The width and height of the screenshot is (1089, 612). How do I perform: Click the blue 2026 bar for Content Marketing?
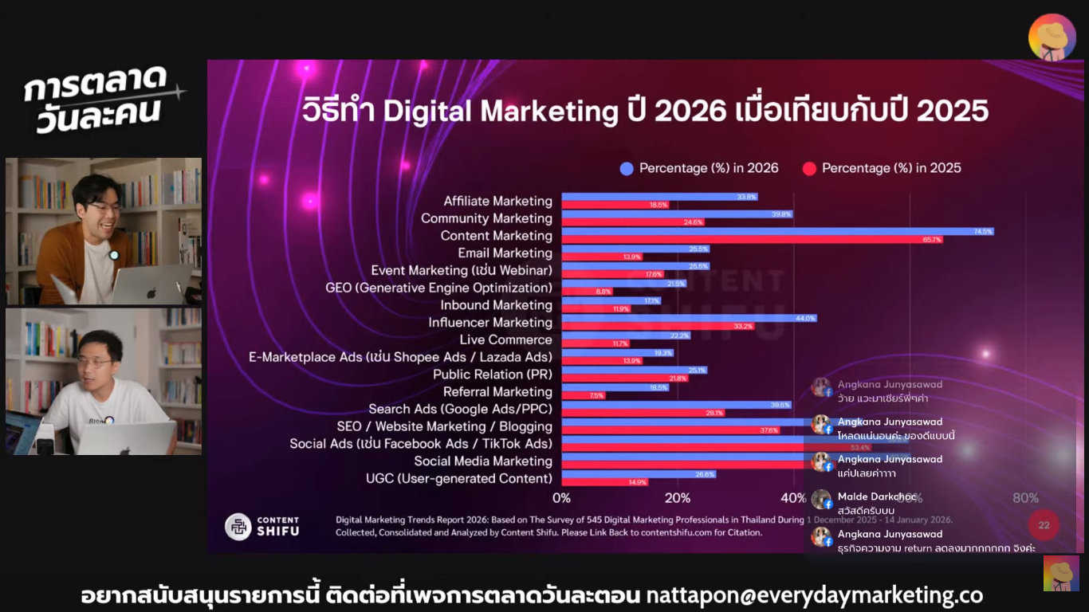pos(777,231)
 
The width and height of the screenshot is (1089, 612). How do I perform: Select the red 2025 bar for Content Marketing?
pos(752,239)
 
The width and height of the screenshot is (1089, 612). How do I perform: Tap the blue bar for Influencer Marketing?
pos(689,318)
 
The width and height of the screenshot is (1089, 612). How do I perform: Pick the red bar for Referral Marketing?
pos(583,395)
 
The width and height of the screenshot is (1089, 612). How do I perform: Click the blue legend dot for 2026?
pos(627,168)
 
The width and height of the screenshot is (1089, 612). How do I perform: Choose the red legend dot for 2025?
pos(809,168)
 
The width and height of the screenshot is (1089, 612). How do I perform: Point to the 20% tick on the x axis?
pos(677,498)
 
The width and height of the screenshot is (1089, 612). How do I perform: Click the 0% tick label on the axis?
pos(561,498)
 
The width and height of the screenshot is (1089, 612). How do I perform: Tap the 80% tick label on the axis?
pos(1025,498)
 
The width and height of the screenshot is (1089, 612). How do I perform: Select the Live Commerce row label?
pos(505,339)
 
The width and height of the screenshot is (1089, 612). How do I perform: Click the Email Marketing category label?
pos(505,253)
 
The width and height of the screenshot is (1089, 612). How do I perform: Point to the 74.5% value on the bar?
pos(983,231)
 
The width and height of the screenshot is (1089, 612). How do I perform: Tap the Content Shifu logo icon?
pos(238,526)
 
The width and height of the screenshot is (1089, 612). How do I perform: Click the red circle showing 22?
pos(1044,524)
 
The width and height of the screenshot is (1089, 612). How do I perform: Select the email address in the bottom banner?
pos(814,595)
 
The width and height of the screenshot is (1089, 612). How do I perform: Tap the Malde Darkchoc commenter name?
pos(877,496)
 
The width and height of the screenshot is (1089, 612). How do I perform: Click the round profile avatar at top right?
pos(1052,37)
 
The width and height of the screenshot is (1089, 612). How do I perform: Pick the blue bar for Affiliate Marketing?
pos(659,197)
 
